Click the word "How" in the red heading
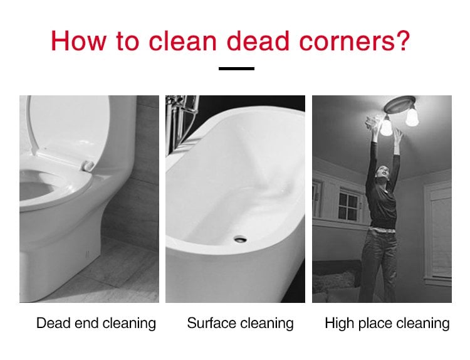[x=78, y=41]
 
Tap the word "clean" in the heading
[x=182, y=41]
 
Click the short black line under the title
[x=236, y=69]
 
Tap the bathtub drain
[x=240, y=239]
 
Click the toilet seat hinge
[x=88, y=166]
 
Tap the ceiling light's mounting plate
[x=400, y=104]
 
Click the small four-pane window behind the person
[x=348, y=206]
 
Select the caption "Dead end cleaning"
[x=96, y=324]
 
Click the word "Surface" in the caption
[x=212, y=323]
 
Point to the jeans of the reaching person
[x=379, y=264]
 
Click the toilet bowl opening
[x=36, y=189]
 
